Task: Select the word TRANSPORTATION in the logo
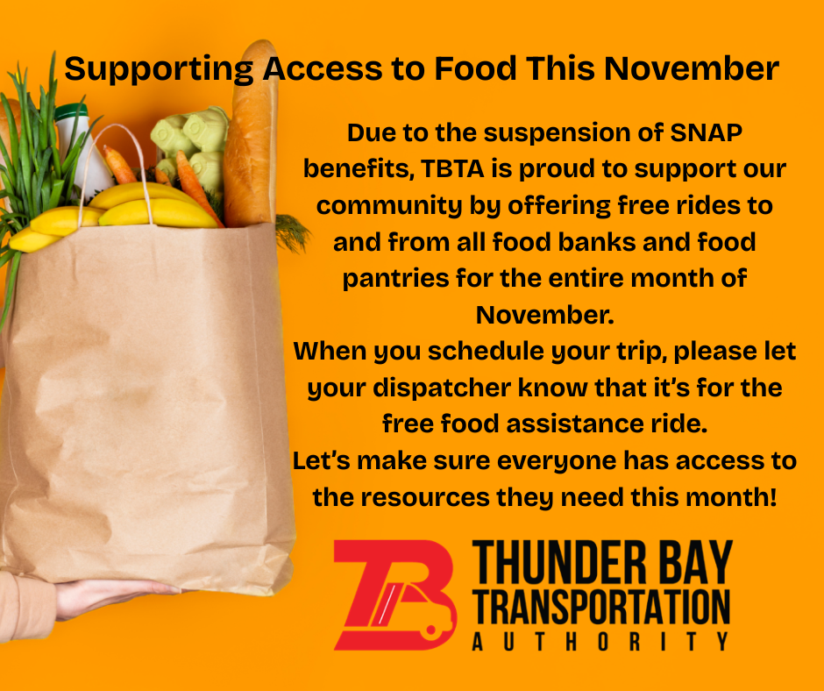click(x=601, y=607)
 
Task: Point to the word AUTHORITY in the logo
click(x=601, y=642)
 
